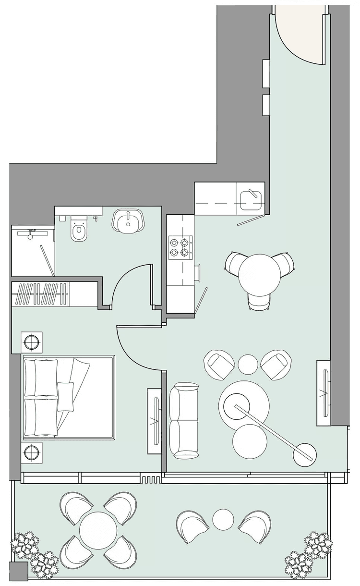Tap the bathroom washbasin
point(128,222)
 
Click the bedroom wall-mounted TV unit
point(154,419)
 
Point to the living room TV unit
point(324,391)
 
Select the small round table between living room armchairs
point(249,363)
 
